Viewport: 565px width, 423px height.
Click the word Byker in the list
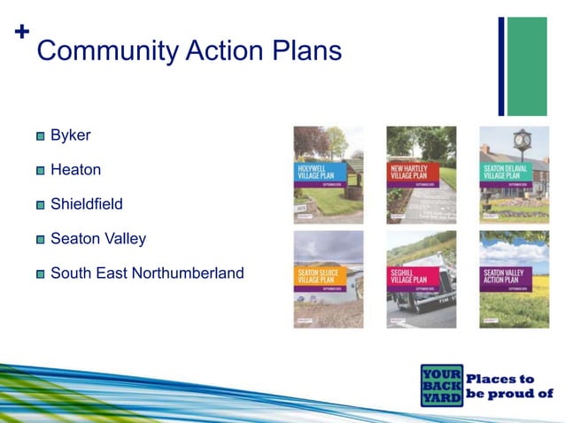[x=71, y=136]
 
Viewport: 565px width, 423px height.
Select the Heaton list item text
[x=75, y=170]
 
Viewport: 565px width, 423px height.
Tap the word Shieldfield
[x=86, y=204]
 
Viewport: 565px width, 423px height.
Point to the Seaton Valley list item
[x=97, y=239]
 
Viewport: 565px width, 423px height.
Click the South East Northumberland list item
[x=146, y=273]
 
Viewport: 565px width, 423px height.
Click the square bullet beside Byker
[x=41, y=137]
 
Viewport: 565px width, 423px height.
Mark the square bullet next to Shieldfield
[x=41, y=205]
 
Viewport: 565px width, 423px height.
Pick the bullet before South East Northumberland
[x=41, y=274]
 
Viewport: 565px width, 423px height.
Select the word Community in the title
[x=105, y=51]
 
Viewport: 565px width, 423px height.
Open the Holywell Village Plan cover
[x=329, y=174]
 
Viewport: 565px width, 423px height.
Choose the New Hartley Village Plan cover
[x=421, y=174]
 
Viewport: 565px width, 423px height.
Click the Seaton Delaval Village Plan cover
[x=514, y=174]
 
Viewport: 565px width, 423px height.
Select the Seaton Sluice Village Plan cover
[x=329, y=280]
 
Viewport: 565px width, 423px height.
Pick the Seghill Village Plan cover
[x=421, y=280]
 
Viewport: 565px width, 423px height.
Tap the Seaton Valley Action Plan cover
[x=514, y=280]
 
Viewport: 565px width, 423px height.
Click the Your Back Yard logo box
[x=442, y=385]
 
